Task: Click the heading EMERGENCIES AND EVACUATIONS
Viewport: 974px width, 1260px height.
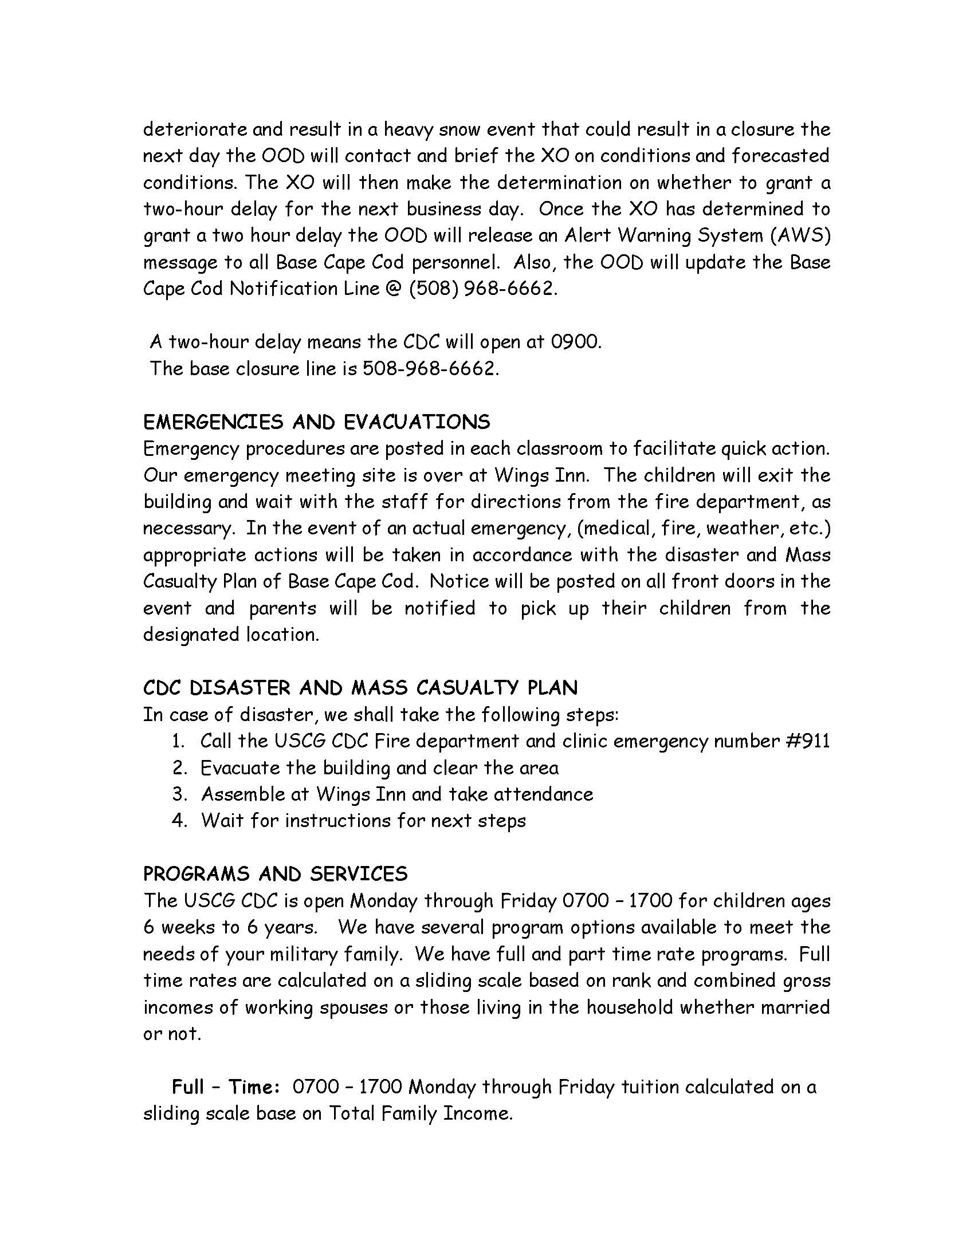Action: coord(316,422)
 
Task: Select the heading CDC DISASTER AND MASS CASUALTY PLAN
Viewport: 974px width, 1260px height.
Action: coord(360,688)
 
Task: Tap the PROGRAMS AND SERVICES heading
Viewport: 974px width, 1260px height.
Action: coord(275,874)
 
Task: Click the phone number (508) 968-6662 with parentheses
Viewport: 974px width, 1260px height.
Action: coord(483,289)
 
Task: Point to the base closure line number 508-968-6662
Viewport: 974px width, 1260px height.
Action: coord(430,368)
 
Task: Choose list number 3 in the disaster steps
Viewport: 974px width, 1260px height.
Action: coord(179,794)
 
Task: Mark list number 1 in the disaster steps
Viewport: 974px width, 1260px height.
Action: coord(178,741)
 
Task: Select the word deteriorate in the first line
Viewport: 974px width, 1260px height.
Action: coord(193,129)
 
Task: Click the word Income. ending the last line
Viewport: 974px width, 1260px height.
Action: coord(477,1113)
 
